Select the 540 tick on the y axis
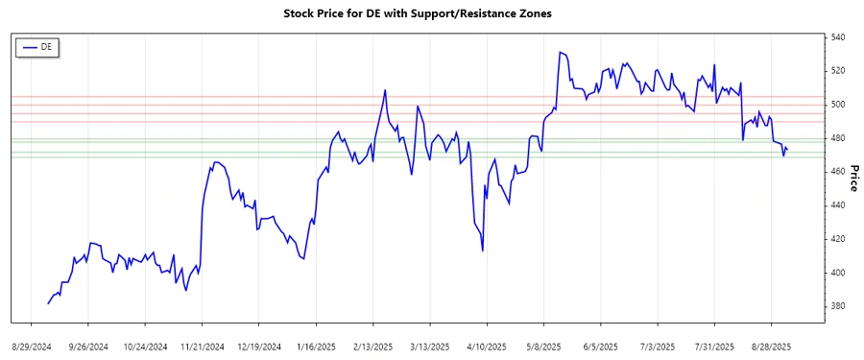tap(838, 37)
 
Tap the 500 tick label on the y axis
tap(838, 105)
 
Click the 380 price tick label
tap(838, 306)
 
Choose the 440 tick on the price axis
tap(838, 205)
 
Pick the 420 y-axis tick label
tap(838, 239)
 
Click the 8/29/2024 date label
tap(34, 345)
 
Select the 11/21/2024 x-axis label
tap(203, 345)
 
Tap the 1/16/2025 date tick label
tap(316, 345)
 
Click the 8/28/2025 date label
tap(770, 345)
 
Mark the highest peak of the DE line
tap(560, 52)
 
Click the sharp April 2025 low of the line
tap(482, 251)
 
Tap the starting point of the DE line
tap(48, 303)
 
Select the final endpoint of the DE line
tap(787, 150)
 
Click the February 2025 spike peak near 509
tap(385, 90)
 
